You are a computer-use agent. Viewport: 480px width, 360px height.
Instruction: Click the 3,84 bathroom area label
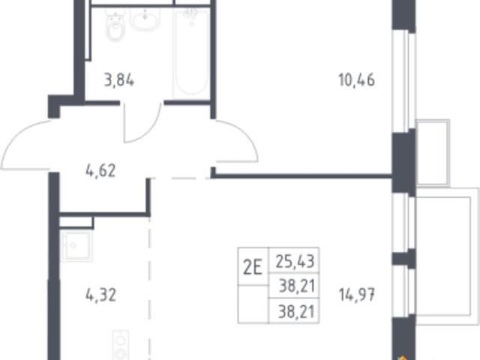tap(119, 81)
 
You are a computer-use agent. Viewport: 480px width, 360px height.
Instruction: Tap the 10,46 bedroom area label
tap(356, 80)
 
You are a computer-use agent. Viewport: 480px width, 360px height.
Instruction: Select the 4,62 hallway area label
tap(100, 171)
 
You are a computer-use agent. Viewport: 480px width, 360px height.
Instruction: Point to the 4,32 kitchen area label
tap(101, 295)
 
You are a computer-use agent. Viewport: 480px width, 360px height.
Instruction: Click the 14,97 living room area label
tap(357, 295)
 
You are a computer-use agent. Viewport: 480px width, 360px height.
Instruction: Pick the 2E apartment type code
tap(253, 267)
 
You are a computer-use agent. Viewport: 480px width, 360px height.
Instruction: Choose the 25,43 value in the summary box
tap(295, 262)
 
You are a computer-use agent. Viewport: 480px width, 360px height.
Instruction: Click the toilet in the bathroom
tap(115, 25)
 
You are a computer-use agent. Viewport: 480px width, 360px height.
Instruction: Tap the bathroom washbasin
tap(145, 18)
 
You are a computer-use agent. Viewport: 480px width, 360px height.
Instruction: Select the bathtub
tap(191, 52)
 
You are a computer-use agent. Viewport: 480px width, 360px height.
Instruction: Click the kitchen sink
tap(76, 245)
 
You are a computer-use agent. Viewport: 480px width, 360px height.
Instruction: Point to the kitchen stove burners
tap(121, 345)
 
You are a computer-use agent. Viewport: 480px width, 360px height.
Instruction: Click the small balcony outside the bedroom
tap(433, 152)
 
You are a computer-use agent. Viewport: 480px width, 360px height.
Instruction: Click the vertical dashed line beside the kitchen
tap(149, 288)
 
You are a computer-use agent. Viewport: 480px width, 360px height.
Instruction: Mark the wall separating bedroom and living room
tap(301, 175)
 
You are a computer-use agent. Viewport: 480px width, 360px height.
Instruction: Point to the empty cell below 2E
tap(253, 304)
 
